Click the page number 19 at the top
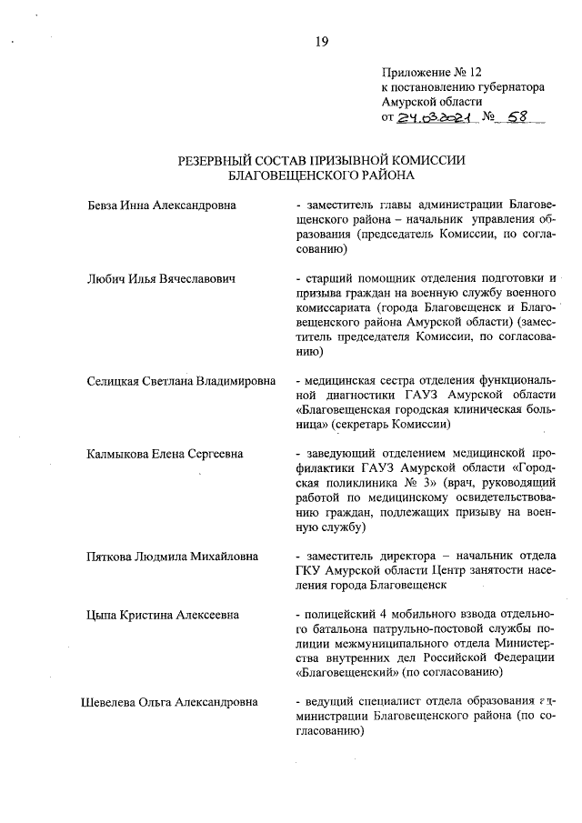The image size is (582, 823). click(x=321, y=41)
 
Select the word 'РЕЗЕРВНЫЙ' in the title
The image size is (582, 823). click(x=223, y=160)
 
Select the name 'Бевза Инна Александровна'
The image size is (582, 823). click(x=160, y=206)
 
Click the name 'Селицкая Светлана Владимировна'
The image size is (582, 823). click(x=181, y=381)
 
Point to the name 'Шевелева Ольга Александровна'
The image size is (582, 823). click(x=168, y=702)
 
